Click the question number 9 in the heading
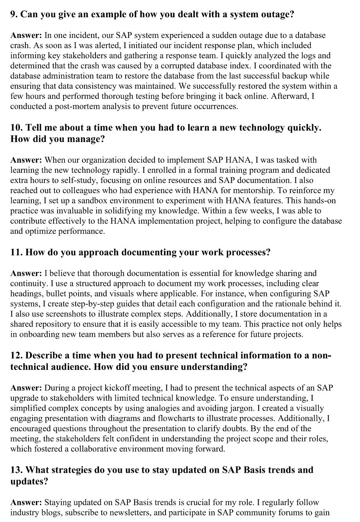point(13,15)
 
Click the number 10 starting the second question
point(16,128)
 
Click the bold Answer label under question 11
point(26,273)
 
